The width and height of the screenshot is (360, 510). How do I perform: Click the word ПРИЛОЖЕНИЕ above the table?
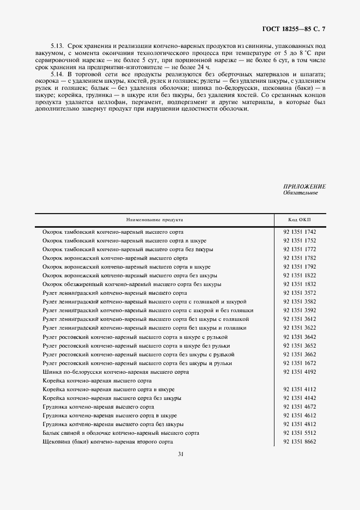click(x=304, y=186)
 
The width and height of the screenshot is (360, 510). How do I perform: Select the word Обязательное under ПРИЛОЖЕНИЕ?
click(x=300, y=193)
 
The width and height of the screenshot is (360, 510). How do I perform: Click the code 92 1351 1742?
click(x=300, y=232)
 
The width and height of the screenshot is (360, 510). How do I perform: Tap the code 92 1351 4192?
click(x=300, y=372)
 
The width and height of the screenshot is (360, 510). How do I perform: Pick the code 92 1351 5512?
click(x=300, y=433)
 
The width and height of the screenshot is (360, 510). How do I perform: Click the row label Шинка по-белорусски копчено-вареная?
click(x=115, y=372)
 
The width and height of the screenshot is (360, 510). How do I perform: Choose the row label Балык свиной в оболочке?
click(x=121, y=433)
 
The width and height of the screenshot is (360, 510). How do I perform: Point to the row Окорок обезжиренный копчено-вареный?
click(x=132, y=284)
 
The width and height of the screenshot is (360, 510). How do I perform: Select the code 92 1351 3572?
click(x=300, y=293)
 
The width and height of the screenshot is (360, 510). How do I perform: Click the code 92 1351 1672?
click(x=300, y=363)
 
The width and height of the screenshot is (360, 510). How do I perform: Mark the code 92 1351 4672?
click(x=300, y=406)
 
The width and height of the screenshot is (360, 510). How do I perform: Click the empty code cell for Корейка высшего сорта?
click(x=300, y=380)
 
